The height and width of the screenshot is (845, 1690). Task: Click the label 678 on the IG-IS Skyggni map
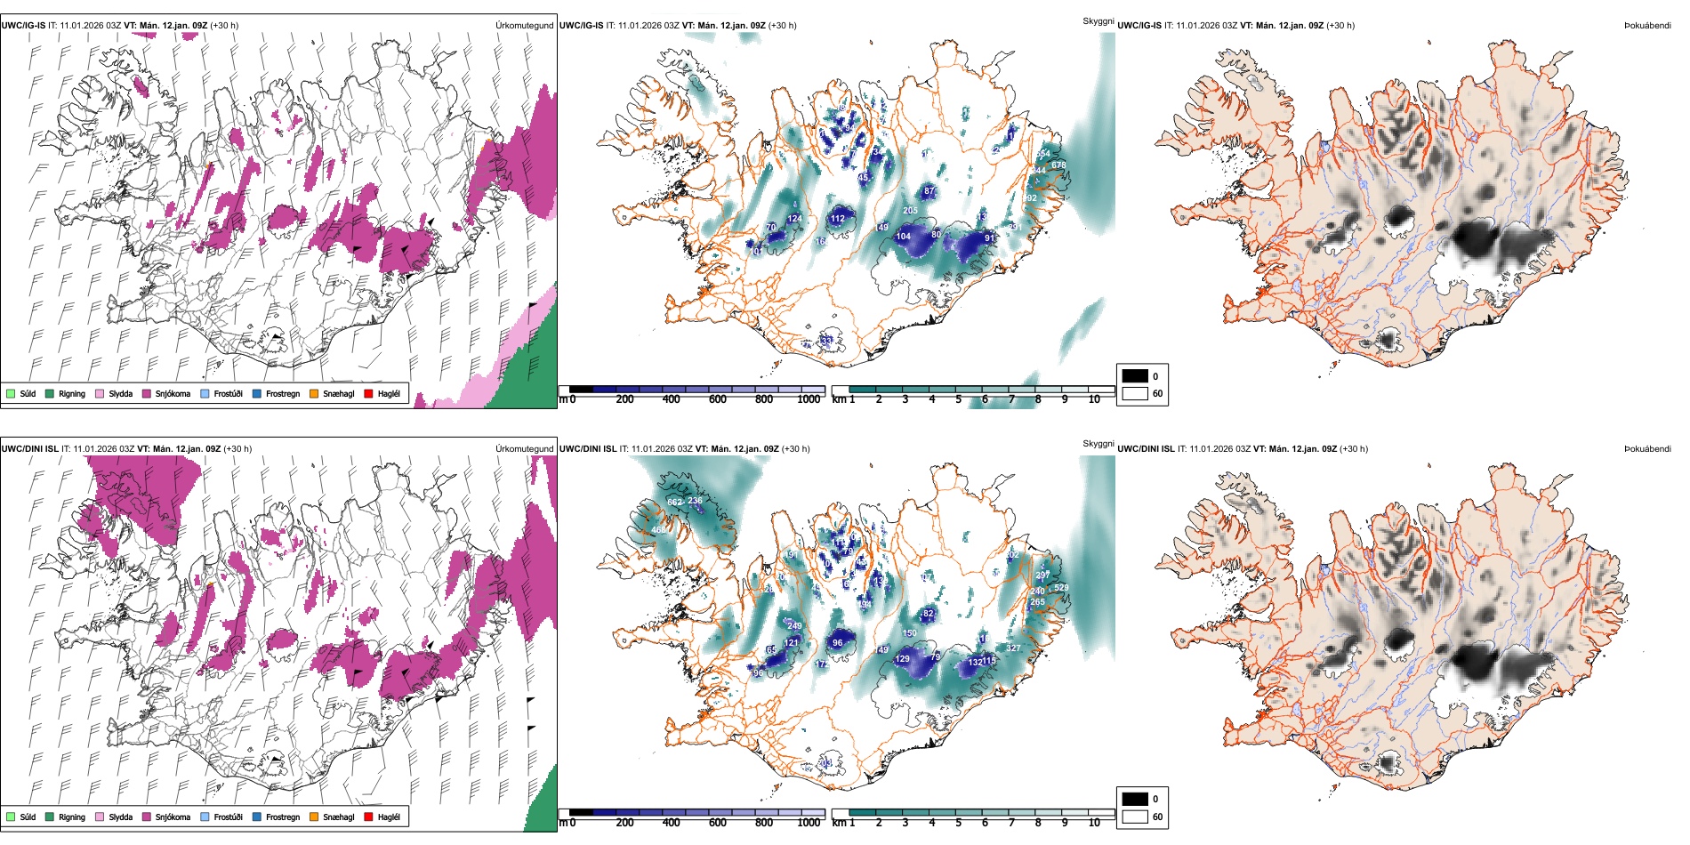(1058, 165)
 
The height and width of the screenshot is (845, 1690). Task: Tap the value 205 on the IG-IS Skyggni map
(910, 211)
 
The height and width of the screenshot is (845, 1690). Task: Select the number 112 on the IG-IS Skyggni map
(838, 218)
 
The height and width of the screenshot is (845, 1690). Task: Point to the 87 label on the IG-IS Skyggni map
(929, 191)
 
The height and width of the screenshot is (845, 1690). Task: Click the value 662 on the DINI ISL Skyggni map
(675, 503)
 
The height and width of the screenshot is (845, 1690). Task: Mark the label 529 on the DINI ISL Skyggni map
(1061, 588)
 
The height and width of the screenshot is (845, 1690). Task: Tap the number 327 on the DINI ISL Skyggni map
(1013, 648)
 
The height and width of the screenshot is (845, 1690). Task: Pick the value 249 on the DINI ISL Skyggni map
(794, 626)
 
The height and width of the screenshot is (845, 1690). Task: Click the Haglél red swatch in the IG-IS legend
(368, 394)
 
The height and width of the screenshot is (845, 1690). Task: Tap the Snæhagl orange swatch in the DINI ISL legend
(314, 817)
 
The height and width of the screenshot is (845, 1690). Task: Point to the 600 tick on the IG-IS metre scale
(718, 399)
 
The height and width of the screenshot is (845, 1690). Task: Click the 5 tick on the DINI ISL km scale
(959, 823)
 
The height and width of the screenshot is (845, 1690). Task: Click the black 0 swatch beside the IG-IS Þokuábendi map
(1135, 376)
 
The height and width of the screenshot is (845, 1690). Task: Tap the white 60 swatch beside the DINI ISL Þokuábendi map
(1135, 817)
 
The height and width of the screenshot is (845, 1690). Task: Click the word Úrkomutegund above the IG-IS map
(524, 26)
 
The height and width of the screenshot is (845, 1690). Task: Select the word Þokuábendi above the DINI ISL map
(1647, 449)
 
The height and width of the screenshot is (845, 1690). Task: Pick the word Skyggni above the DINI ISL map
(1098, 444)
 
